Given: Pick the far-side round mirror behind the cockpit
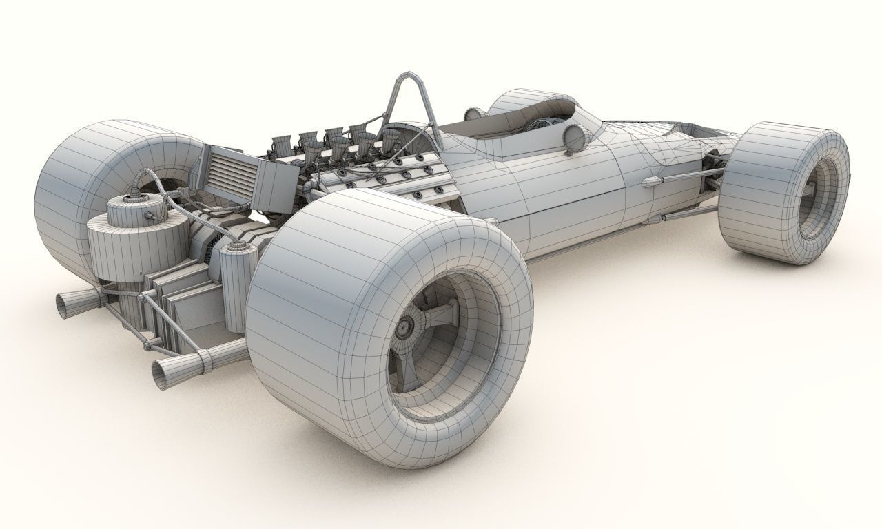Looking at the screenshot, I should [x=473, y=114].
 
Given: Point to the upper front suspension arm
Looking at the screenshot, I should [x=679, y=180].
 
